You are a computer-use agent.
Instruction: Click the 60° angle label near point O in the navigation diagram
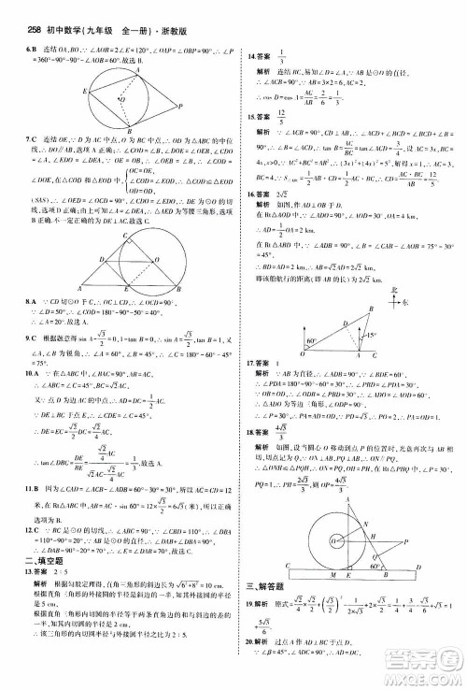(312, 342)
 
